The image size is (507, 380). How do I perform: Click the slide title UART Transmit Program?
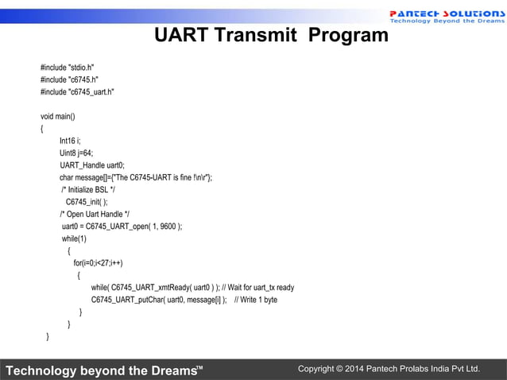coord(270,36)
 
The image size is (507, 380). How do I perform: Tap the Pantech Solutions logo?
coord(445,17)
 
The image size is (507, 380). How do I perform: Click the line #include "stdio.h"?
coord(72,68)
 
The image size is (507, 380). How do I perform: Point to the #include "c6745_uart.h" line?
coord(77,92)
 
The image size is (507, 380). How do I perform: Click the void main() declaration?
coord(58,116)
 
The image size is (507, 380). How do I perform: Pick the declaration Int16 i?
coord(70,141)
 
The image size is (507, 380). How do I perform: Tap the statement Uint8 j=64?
coord(76,153)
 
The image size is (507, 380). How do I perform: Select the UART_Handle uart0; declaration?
coord(92,165)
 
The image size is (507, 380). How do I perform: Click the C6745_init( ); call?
coord(87,202)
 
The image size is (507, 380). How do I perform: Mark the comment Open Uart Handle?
coord(95,214)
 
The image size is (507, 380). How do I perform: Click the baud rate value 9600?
coord(168,227)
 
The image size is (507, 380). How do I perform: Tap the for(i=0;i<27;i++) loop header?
coord(98,263)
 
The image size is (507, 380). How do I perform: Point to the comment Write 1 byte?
coord(256,300)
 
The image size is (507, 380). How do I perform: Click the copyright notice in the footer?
coord(389,369)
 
